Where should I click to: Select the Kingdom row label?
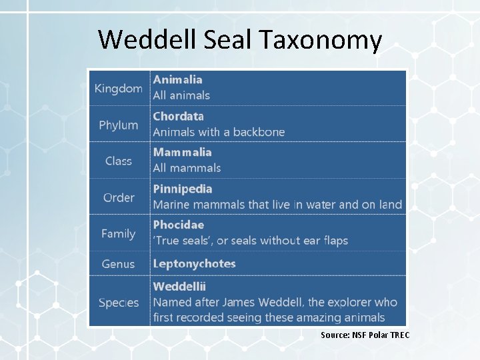[118, 88]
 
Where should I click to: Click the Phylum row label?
[118, 125]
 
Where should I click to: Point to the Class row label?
[118, 161]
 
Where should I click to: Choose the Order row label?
[118, 197]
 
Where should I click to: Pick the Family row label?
[118, 233]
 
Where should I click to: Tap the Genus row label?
[118, 264]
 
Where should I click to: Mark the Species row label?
[118, 302]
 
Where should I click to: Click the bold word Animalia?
[178, 79]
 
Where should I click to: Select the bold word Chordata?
[179, 116]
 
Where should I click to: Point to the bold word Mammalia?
[182, 152]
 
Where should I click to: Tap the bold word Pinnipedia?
[183, 189]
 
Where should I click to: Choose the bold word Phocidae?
[179, 225]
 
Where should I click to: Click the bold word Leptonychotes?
[194, 263]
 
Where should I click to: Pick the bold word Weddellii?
[179, 287]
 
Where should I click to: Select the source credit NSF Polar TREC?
[365, 335]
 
